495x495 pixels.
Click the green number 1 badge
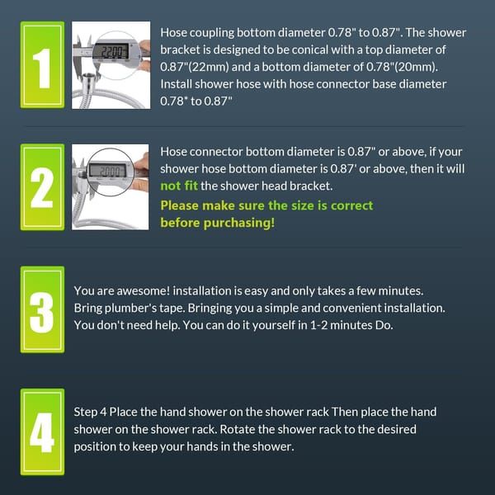pos(42,64)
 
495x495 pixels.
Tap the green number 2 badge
pos(42,187)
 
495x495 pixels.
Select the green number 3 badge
pos(42,309)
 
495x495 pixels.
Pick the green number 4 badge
pos(42,431)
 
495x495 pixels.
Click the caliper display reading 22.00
pos(111,51)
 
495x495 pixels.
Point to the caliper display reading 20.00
pos(109,171)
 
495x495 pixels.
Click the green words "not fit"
pos(179,186)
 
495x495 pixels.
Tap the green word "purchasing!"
pos(239,224)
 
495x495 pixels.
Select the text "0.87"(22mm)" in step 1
pos(195,67)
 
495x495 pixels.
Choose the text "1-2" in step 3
pos(318,325)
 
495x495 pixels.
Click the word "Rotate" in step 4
pos(237,429)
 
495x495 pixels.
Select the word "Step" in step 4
pos(86,412)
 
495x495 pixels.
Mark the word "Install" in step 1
pos(176,84)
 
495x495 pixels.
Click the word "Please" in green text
pos(179,205)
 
